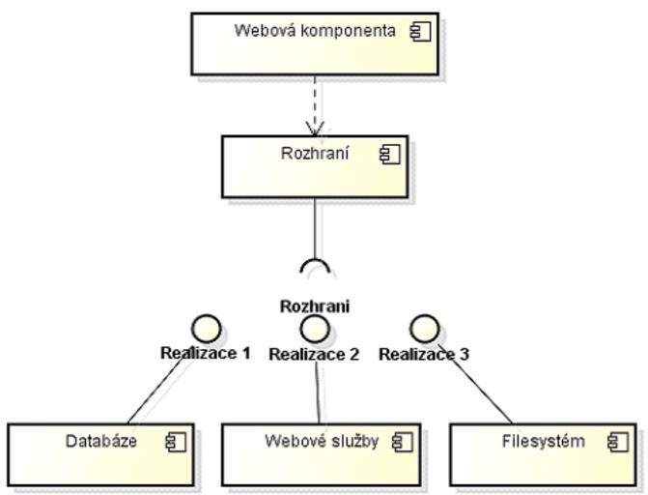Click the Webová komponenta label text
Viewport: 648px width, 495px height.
(x=315, y=30)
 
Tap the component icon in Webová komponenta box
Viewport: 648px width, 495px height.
(x=419, y=31)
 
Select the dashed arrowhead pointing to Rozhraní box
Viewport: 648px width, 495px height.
(x=315, y=127)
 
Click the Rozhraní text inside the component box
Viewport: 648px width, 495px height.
(x=315, y=153)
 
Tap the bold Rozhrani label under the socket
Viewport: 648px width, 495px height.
(x=315, y=306)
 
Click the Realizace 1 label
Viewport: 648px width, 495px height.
(x=205, y=353)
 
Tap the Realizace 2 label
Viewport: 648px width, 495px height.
(x=314, y=354)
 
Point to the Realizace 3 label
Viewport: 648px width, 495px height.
(x=424, y=354)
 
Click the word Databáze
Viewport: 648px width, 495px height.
(x=101, y=442)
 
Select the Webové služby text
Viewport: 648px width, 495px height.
(x=322, y=442)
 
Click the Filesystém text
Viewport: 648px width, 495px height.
(x=544, y=442)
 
